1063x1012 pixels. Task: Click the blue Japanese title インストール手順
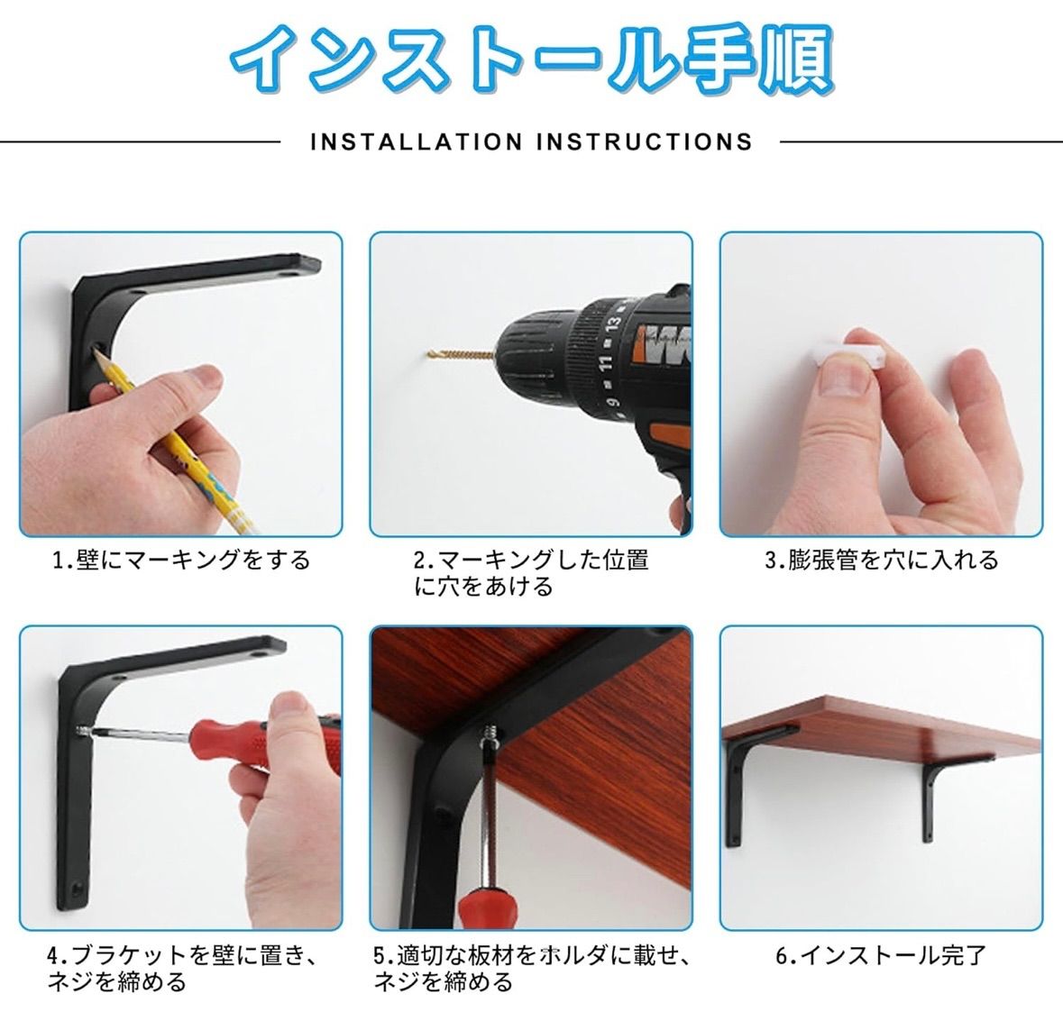pyautogui.click(x=532, y=59)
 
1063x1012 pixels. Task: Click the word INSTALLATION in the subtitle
pyautogui.click(x=417, y=142)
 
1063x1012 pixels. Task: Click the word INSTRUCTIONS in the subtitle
pyautogui.click(x=645, y=142)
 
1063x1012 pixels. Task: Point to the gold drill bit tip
pyautogui.click(x=429, y=353)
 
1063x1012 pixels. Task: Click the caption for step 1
pyautogui.click(x=182, y=561)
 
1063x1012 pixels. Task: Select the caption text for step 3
pyautogui.click(x=881, y=561)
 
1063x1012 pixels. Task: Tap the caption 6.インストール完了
pyautogui.click(x=881, y=955)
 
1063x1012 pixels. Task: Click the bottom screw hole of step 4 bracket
pyautogui.click(x=76, y=887)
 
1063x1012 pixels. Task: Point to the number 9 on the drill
pyautogui.click(x=614, y=402)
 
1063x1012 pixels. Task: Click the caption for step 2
pyautogui.click(x=531, y=572)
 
